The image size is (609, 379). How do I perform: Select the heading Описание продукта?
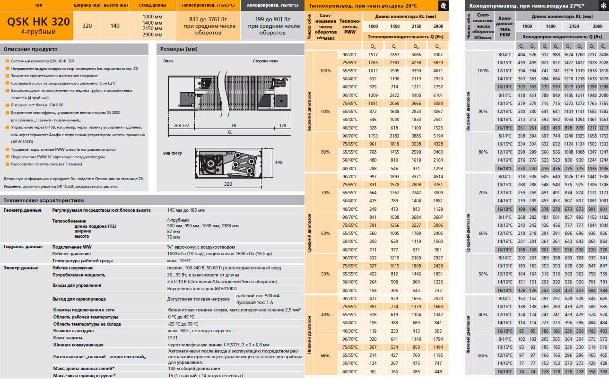coord(30,49)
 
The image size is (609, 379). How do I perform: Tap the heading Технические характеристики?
coord(43,200)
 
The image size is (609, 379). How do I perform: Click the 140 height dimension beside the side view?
coord(279,162)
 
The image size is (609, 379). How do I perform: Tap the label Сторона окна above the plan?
coord(265,61)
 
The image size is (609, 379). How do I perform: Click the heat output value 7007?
coord(438,55)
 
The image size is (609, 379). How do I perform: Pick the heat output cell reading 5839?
coord(438,63)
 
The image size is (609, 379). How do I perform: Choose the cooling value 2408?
coord(603,55)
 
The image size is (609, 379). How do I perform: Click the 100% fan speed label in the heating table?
coord(326,71)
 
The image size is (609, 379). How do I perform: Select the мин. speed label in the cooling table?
coord(483,355)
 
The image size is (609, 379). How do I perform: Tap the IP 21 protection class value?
coord(173,338)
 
